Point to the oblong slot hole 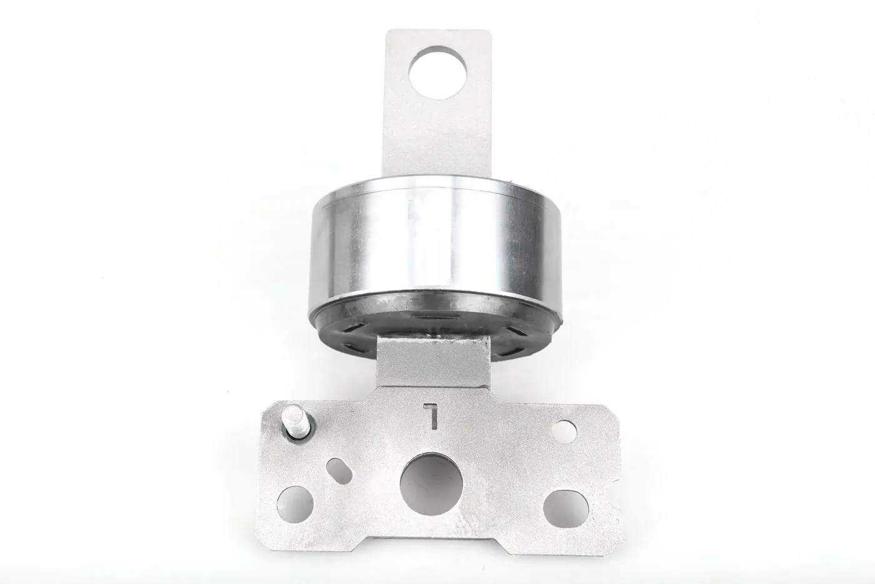[x=339, y=469]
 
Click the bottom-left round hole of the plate [x=295, y=504]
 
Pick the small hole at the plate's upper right [x=566, y=432]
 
